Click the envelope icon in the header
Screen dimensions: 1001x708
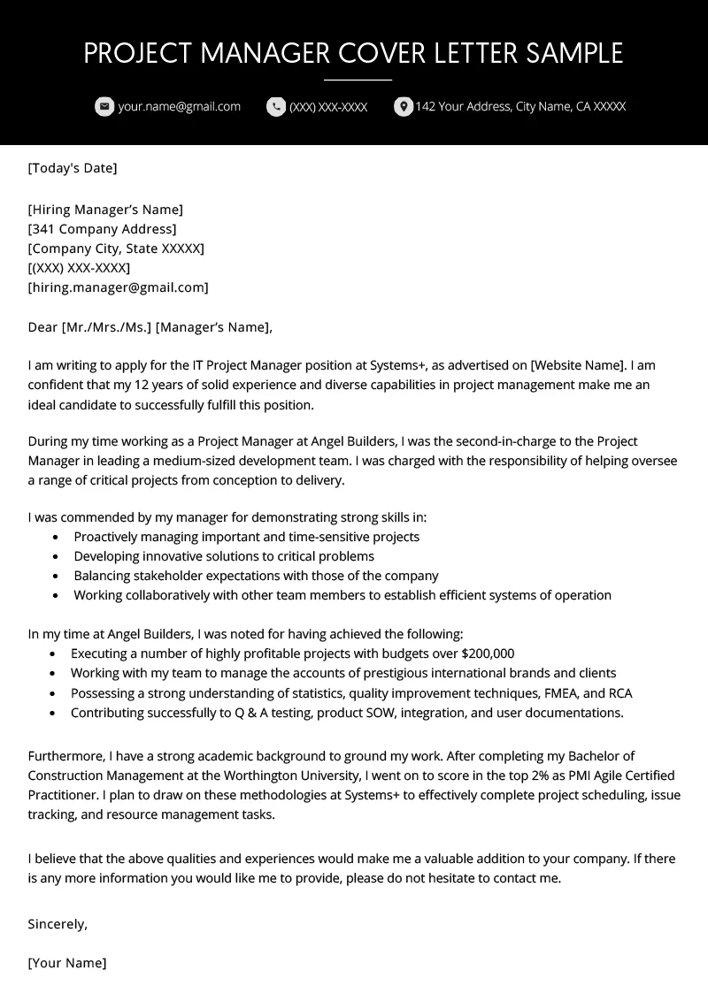tap(104, 107)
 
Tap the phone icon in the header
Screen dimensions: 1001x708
tap(276, 107)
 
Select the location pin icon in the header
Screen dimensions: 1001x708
tap(403, 107)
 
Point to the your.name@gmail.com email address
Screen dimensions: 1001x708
tap(179, 107)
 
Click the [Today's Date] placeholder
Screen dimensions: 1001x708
tap(73, 168)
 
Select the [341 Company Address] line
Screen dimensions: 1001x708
tap(102, 229)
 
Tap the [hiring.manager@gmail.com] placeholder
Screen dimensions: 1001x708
tap(119, 287)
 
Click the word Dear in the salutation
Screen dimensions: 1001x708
tap(42, 327)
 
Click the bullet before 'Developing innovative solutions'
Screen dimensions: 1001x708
tap(56, 557)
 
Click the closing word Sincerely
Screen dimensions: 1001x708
tap(58, 924)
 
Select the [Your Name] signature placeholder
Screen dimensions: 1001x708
tap(67, 963)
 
